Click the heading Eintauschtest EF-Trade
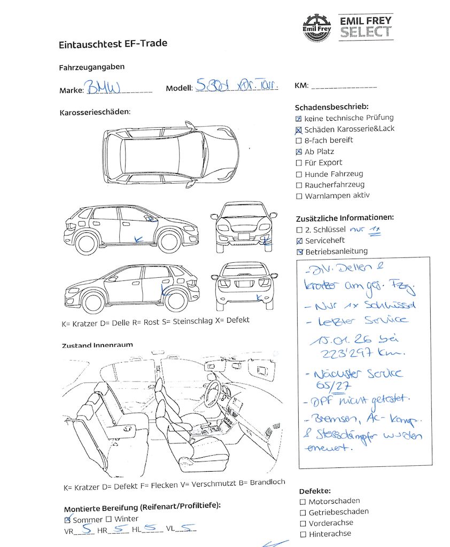tap(113, 44)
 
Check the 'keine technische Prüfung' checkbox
tap(299, 118)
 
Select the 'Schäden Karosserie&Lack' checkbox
tap(299, 129)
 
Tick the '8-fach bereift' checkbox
tap(299, 140)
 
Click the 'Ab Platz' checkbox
tap(299, 152)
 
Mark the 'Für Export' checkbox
tap(299, 163)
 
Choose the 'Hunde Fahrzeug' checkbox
tap(299, 174)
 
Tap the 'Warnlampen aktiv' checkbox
tap(299, 196)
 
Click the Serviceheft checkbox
tap(299, 241)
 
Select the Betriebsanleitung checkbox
tap(299, 252)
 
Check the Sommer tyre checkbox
tap(67, 519)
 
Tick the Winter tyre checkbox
tap(108, 519)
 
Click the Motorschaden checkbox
tap(302, 502)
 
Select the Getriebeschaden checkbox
tap(302, 512)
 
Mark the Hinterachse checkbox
tap(302, 534)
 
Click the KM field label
tap(300, 86)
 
